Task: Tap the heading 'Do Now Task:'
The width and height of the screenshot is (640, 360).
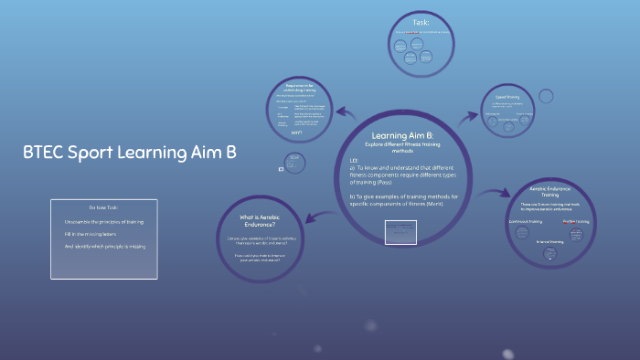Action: (x=103, y=206)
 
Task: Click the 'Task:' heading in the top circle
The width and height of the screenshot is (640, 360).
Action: (x=421, y=22)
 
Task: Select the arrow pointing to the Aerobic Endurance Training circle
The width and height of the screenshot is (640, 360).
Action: (x=496, y=193)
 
